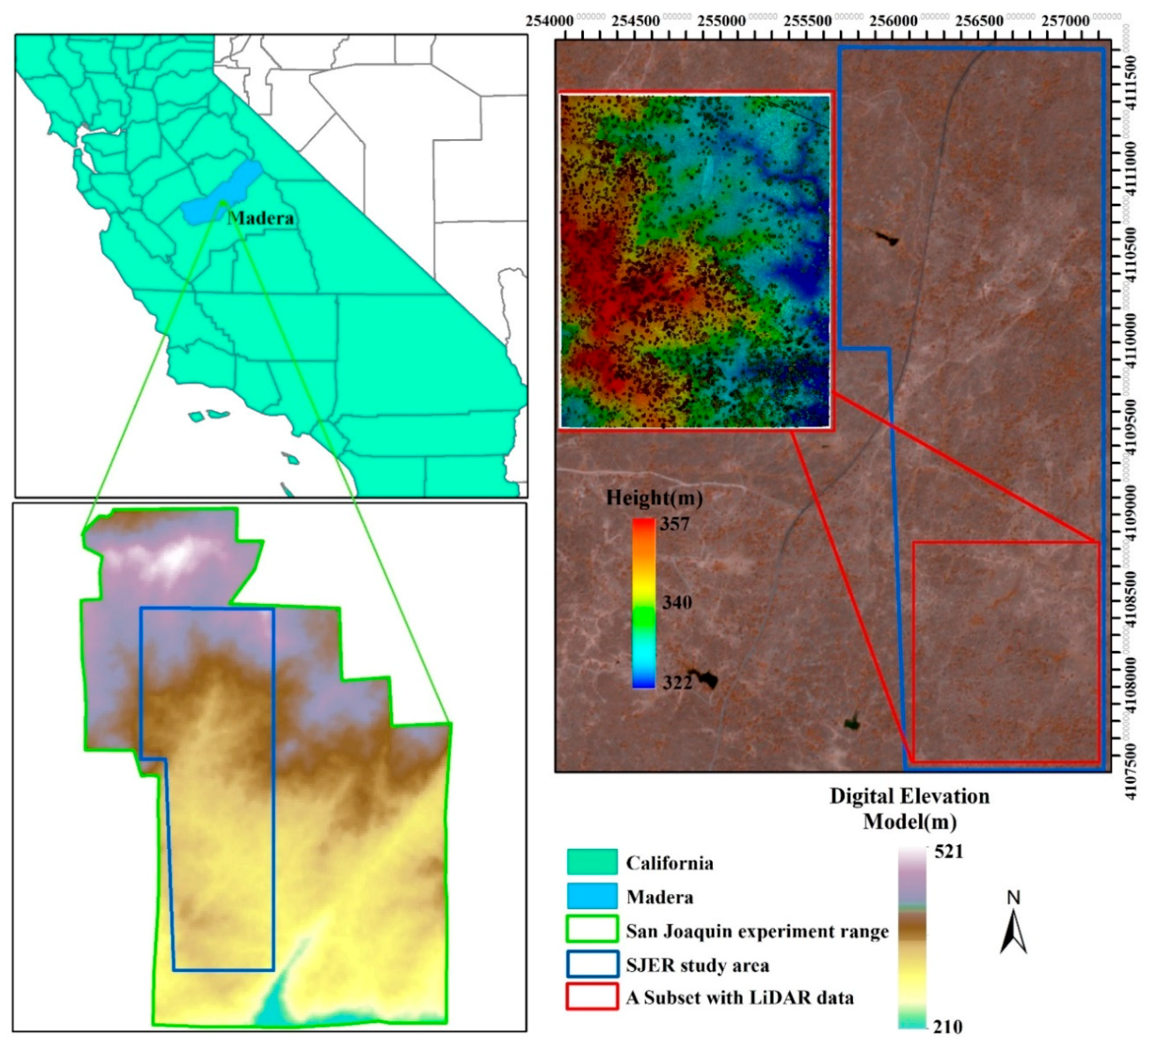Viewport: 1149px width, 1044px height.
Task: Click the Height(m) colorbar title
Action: pyautogui.click(x=654, y=498)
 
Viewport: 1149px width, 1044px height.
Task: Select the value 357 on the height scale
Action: pyautogui.click(x=675, y=524)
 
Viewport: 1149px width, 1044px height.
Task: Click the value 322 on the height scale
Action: pyautogui.click(x=677, y=682)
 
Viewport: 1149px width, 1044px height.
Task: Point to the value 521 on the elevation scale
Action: pyautogui.click(x=948, y=851)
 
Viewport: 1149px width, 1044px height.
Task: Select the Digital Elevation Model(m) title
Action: pyautogui.click(x=909, y=809)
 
